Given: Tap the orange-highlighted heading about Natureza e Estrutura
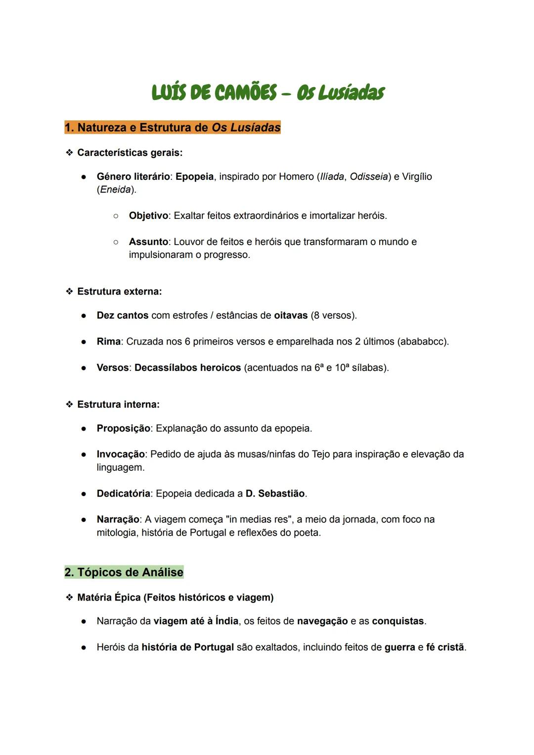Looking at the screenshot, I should coord(173,128).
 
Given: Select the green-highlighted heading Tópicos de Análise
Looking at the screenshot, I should coord(124,572).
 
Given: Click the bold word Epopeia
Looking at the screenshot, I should coord(194,177).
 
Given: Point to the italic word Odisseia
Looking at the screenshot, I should coord(368,177).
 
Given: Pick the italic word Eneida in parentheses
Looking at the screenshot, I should coord(116,190).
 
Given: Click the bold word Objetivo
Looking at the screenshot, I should coord(148,216).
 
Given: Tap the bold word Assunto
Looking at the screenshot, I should coord(148,242).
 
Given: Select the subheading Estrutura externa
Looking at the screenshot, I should coord(119,292).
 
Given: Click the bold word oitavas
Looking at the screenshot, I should coord(291,315).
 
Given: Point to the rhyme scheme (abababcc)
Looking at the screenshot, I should coord(423,342).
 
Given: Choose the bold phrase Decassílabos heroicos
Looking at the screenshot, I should coord(187,368).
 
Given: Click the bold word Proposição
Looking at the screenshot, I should coord(123,428).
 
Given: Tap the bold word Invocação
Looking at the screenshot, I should coord(121,454).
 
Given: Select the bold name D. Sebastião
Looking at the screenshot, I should coord(275,494).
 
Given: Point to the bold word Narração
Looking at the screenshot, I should coord(118,519).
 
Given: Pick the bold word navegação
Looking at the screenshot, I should coord(322,621).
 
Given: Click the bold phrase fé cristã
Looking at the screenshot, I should coord(445,647).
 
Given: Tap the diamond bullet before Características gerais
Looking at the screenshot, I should coord(69,152).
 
